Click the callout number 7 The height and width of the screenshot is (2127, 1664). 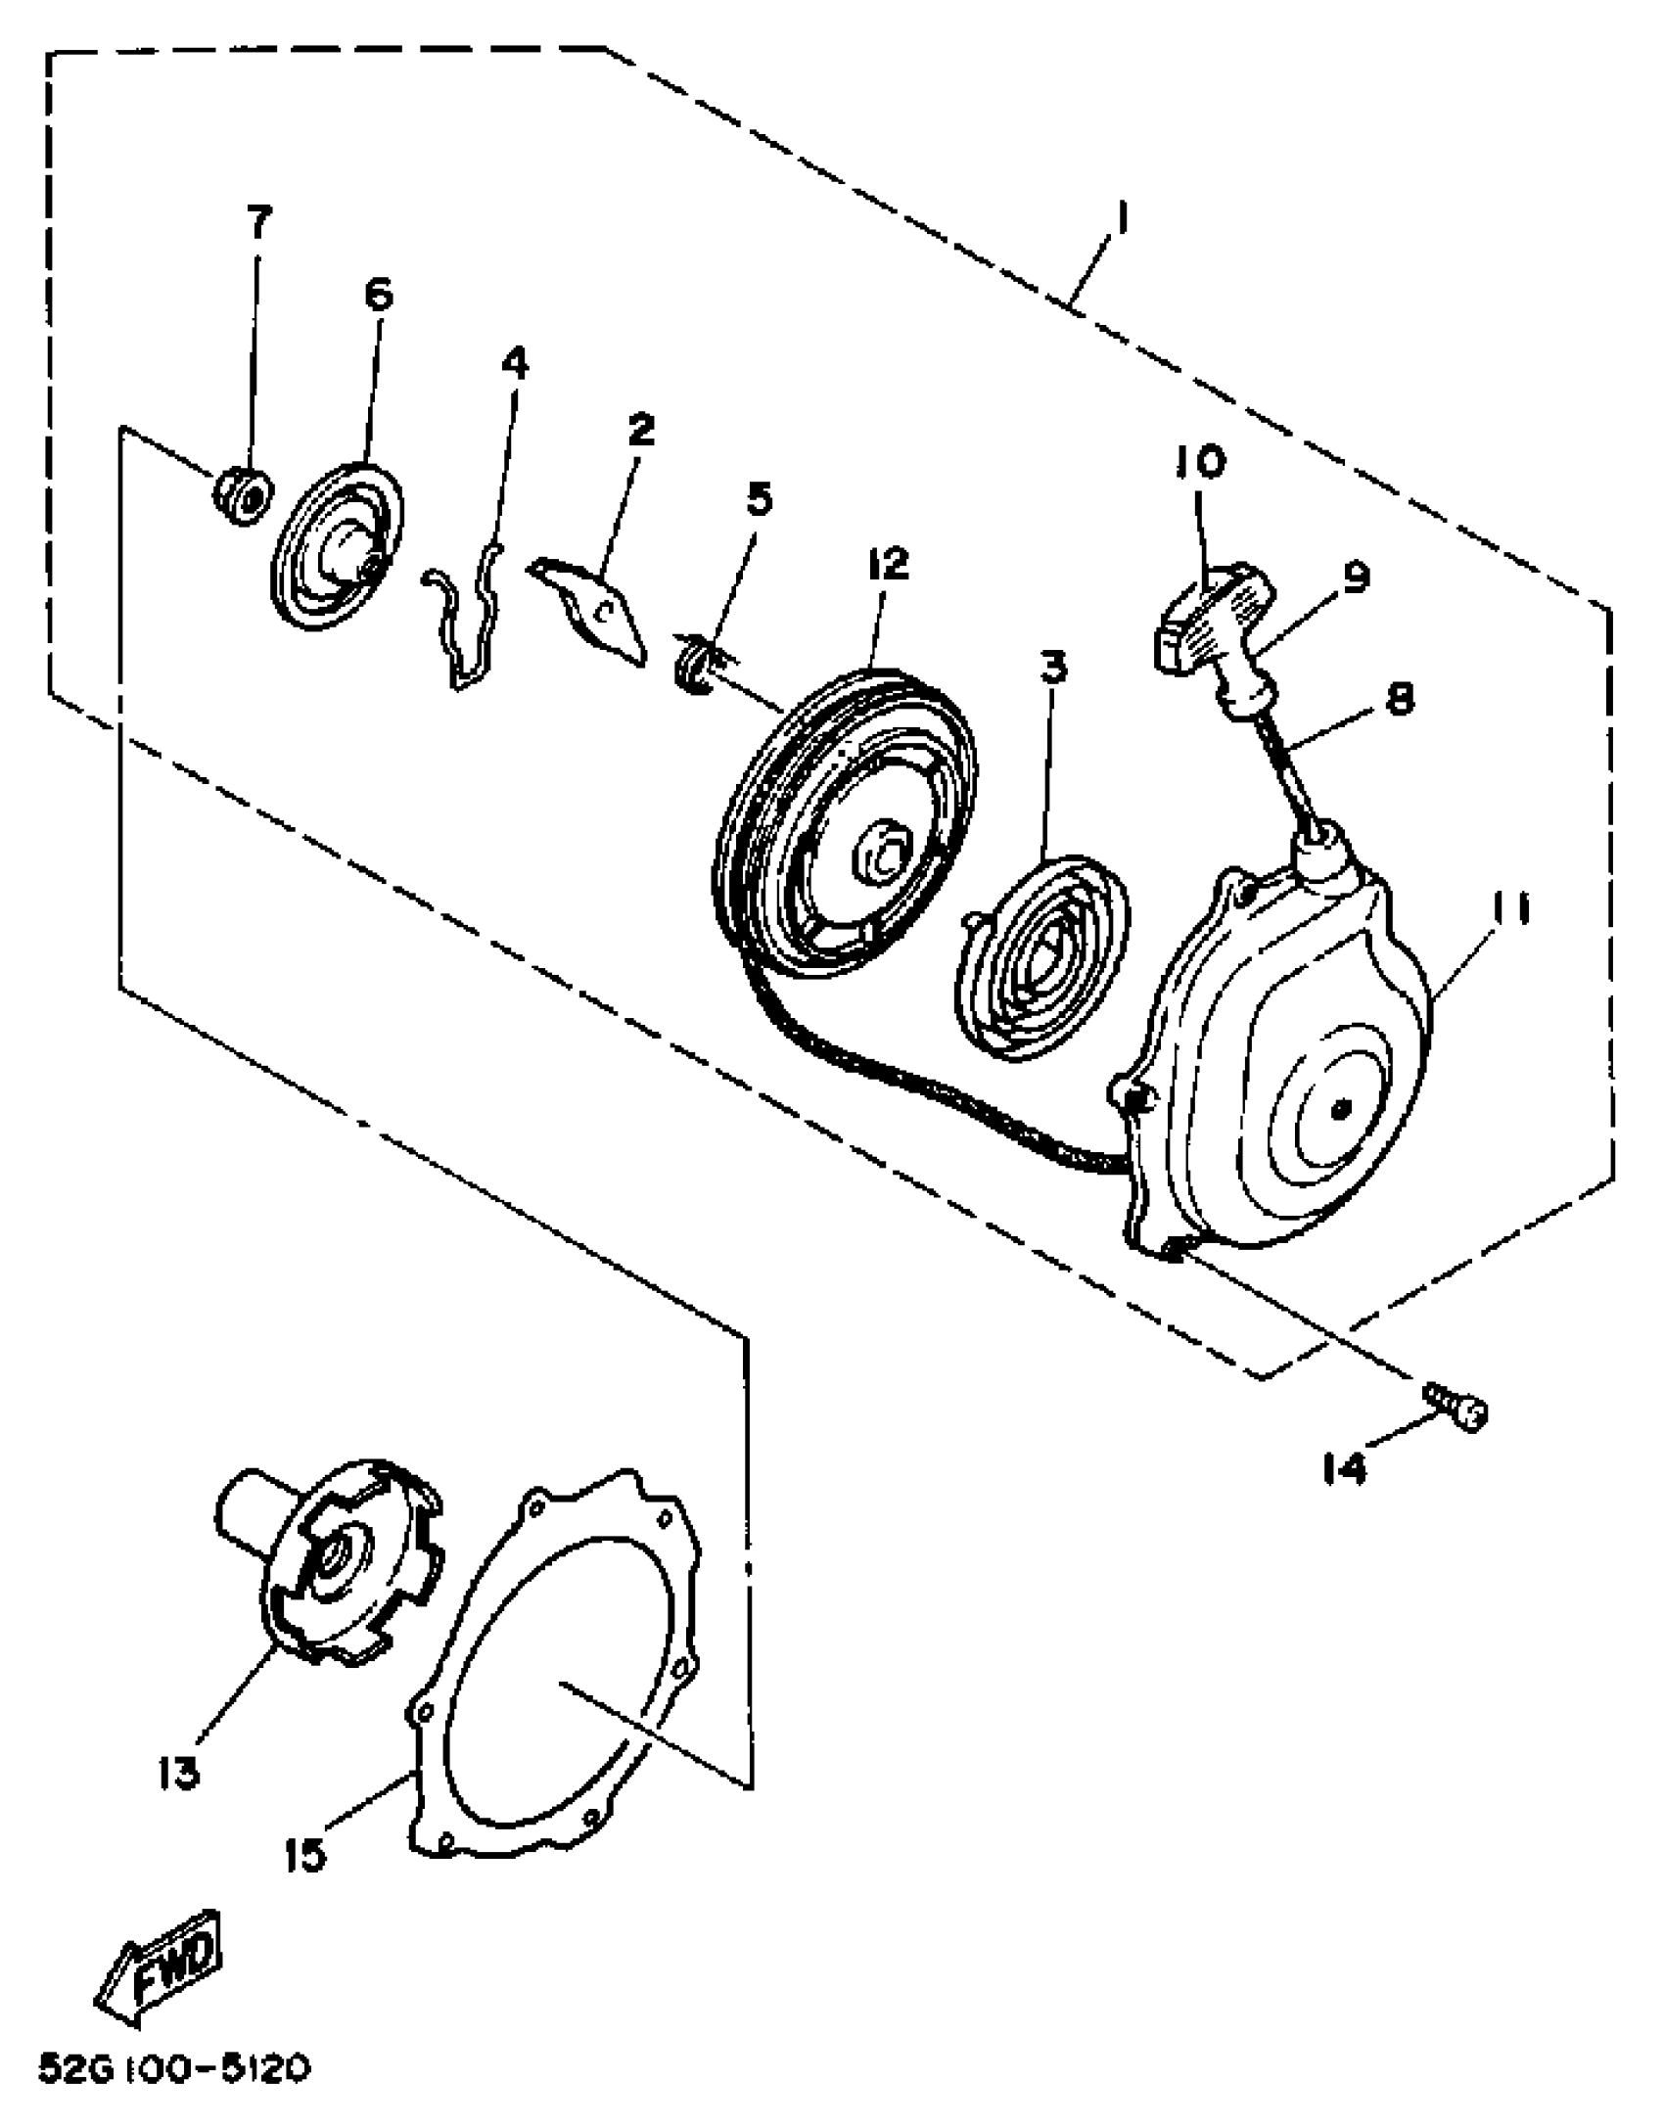click(x=258, y=223)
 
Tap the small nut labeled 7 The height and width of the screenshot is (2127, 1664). click(x=242, y=496)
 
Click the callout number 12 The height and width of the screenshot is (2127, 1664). click(x=887, y=564)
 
